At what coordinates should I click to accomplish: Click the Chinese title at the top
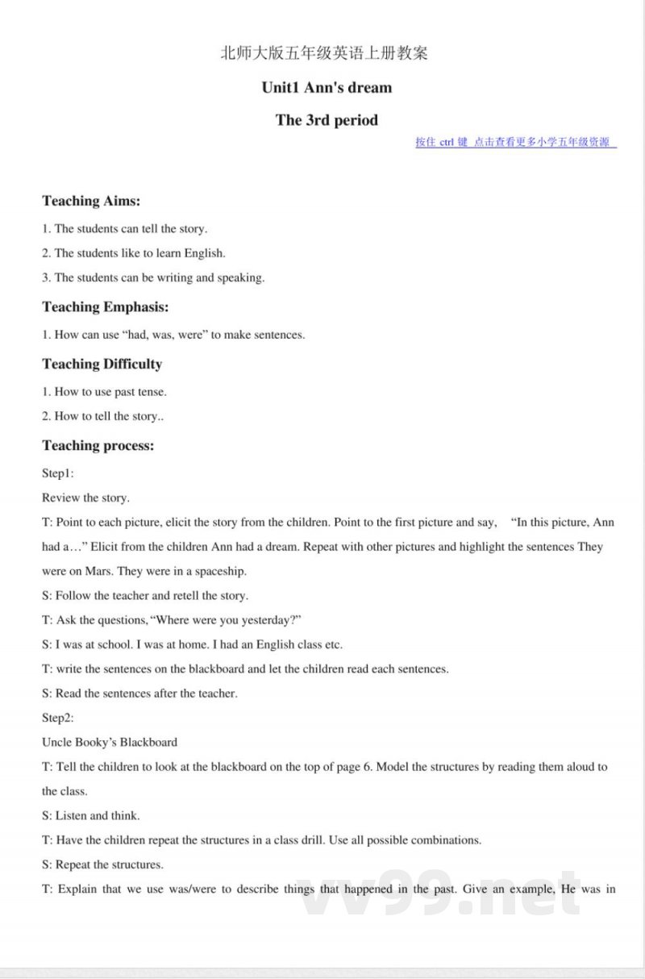(324, 54)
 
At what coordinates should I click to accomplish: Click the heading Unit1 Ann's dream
(327, 87)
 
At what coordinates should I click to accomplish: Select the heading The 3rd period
(327, 120)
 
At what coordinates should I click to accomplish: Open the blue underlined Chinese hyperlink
(516, 143)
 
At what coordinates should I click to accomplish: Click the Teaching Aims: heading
(91, 201)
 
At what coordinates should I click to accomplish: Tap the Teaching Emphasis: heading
(105, 306)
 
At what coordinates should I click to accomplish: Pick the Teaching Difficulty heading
(102, 364)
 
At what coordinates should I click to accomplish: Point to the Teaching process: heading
(98, 445)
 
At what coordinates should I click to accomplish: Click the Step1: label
(58, 473)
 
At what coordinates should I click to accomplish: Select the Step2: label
(58, 717)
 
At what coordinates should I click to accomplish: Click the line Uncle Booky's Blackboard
(110, 742)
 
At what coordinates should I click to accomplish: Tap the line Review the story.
(85, 498)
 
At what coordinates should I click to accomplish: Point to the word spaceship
(219, 571)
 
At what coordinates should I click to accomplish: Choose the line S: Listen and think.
(90, 815)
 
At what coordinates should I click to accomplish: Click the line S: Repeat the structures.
(102, 864)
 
